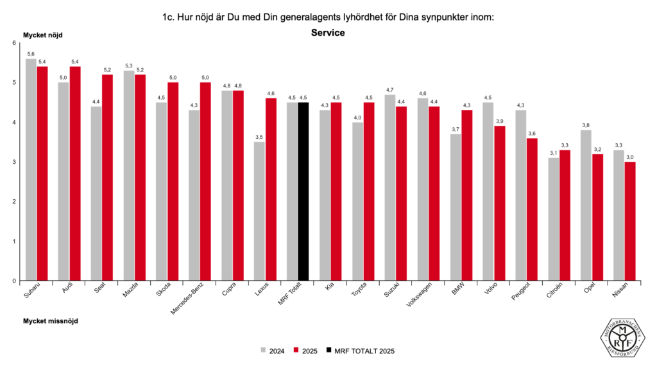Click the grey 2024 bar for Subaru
tap(31, 170)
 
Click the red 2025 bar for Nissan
tap(629, 221)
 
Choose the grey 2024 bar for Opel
tap(586, 205)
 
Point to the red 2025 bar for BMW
tap(467, 195)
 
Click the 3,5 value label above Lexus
tap(260, 137)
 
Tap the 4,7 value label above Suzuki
tap(390, 89)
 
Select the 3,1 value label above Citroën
tap(554, 153)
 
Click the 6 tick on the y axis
tap(14, 43)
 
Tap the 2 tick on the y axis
tap(14, 202)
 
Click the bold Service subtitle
tap(328, 33)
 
